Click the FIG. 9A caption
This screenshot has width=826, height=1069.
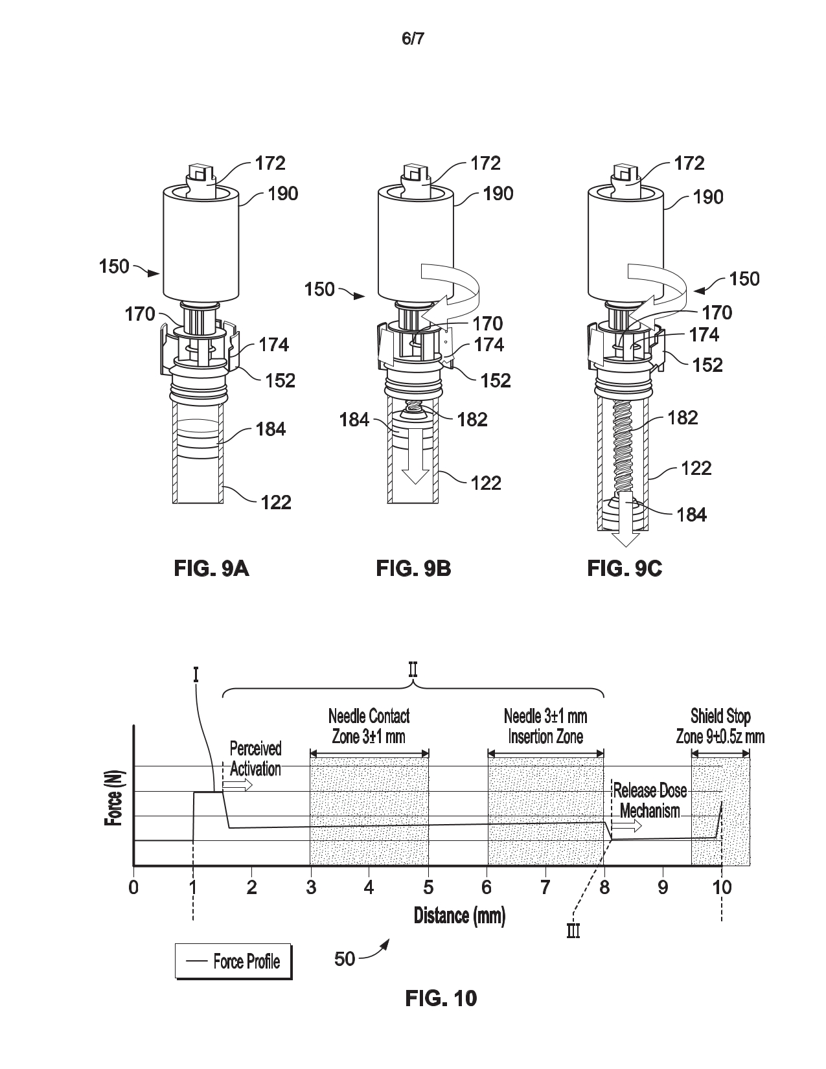212,569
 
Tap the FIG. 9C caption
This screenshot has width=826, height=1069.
625,569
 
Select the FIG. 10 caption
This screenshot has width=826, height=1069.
441,998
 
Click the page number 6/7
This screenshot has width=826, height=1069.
413,38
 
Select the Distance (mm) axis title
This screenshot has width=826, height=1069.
459,915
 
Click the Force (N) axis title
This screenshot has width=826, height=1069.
113,798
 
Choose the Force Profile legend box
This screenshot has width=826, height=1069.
233,961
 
